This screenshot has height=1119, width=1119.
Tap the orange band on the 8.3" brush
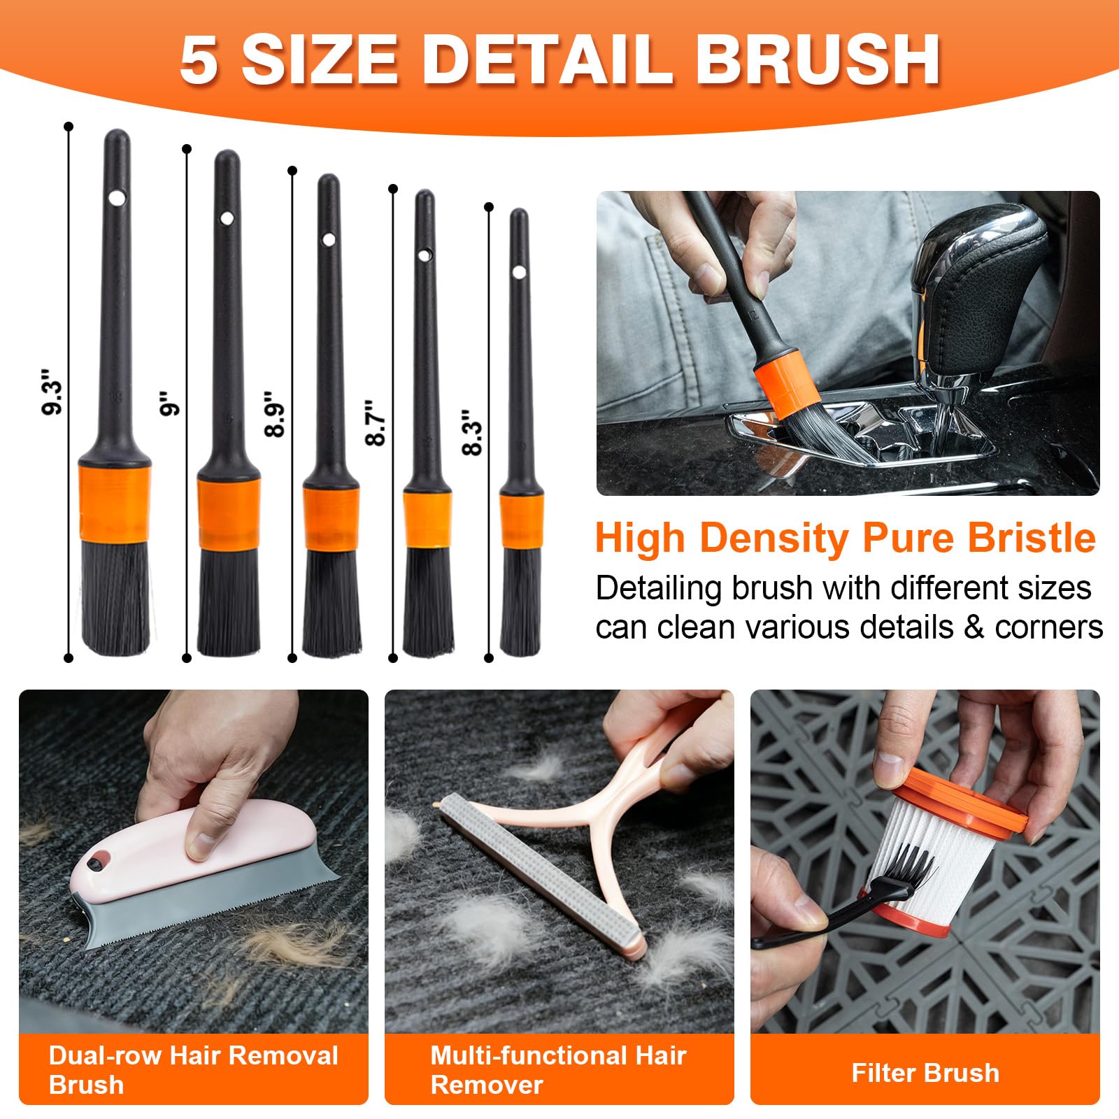click(521, 521)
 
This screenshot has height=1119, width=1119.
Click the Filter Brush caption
click(925, 1073)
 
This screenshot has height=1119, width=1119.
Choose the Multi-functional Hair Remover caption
click(558, 1070)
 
